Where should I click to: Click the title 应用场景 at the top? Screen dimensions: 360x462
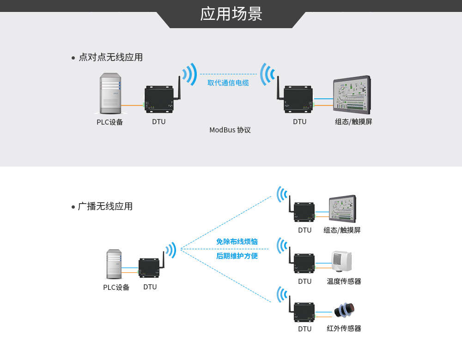[x=231, y=14]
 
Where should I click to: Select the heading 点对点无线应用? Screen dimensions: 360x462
[x=110, y=57]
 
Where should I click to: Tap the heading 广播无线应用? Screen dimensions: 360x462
[x=105, y=206]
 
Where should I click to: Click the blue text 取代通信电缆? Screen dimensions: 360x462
[x=228, y=83]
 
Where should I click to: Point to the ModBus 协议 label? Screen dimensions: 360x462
[x=230, y=130]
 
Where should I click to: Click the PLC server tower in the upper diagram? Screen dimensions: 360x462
[x=110, y=93]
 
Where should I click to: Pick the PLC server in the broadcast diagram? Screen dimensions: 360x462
[x=114, y=264]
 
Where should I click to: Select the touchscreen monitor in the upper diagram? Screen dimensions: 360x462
[x=352, y=95]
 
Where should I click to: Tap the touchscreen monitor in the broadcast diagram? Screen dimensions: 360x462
[x=342, y=209]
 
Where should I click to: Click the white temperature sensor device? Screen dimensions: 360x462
[x=341, y=261]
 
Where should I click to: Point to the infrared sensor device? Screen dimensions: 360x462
[x=345, y=310]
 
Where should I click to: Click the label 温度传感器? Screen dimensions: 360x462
[x=344, y=281]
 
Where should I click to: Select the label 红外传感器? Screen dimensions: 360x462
[x=344, y=329]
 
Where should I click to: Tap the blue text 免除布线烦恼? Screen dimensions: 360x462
[x=237, y=241]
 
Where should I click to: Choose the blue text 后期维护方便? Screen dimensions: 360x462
[x=237, y=256]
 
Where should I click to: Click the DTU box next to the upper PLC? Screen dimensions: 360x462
[x=159, y=99]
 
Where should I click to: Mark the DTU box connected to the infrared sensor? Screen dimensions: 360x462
[x=304, y=312]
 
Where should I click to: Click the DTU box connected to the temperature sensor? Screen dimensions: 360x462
[x=304, y=263]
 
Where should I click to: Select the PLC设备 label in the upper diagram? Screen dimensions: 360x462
[x=110, y=122]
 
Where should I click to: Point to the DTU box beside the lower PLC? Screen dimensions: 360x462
[x=149, y=268]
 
